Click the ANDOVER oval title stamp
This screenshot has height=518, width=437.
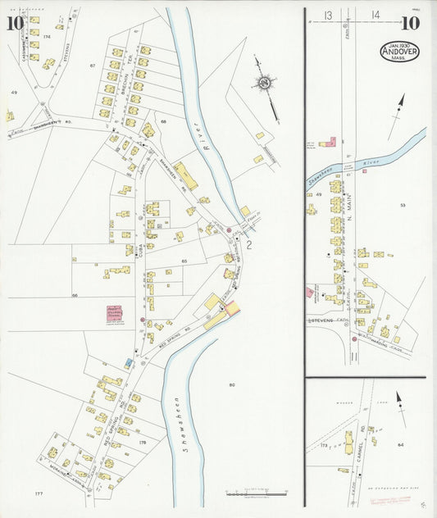pyautogui.click(x=398, y=52)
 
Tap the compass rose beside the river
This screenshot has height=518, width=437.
pyautogui.click(x=264, y=83)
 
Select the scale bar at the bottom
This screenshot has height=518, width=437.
pyautogui.click(x=256, y=493)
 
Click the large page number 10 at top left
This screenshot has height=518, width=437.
pyautogui.click(x=14, y=22)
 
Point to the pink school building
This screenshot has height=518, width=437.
pyautogui.click(x=109, y=314)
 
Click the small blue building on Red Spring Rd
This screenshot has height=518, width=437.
pyautogui.click(x=128, y=361)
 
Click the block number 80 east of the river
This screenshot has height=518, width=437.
pyautogui.click(x=232, y=384)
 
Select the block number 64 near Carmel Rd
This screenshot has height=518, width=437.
pyautogui.click(x=399, y=445)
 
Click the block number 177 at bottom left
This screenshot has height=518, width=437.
pyautogui.click(x=39, y=494)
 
